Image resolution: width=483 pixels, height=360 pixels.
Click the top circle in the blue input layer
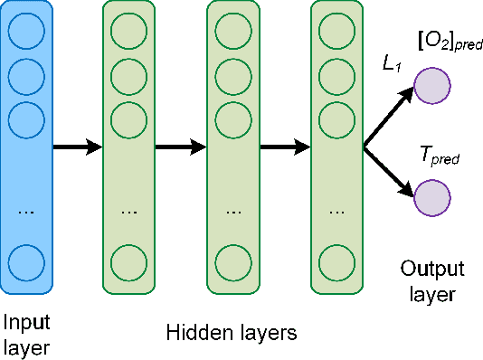(26, 33)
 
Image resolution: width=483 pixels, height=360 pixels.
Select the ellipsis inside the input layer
(26, 210)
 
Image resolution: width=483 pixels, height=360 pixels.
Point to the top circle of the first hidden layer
(129, 33)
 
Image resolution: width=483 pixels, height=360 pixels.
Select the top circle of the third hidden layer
(336, 33)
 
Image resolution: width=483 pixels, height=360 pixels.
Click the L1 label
(391, 65)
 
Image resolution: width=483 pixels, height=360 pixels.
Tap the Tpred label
(440, 156)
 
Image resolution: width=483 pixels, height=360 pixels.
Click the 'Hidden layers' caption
(231, 333)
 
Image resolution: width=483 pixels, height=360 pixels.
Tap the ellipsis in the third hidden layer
(336, 210)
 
